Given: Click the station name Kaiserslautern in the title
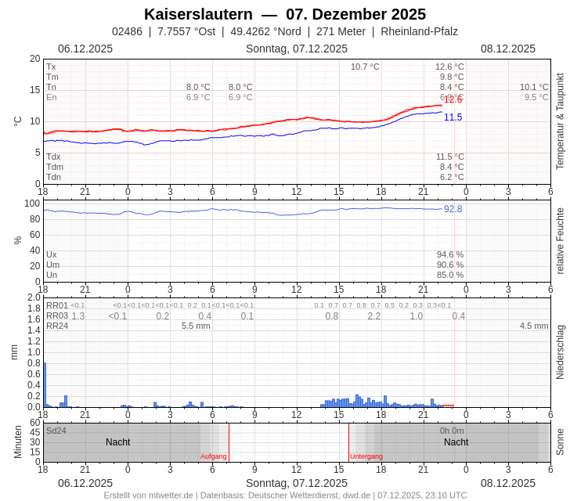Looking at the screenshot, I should [198, 14].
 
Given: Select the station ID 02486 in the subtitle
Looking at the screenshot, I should [127, 31].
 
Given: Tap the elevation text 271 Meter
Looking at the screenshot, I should [341, 31].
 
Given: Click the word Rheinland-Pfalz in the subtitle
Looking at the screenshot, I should [419, 31].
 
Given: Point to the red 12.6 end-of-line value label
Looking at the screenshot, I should [453, 99].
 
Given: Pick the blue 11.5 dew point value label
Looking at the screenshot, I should [453, 117].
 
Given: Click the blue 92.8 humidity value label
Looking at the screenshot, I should [453, 209].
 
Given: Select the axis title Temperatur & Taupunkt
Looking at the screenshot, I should [560, 121].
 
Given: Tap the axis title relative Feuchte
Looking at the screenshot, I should [560, 240].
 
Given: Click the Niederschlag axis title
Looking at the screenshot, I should [560, 352].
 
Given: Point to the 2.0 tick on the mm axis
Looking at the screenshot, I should [34, 297].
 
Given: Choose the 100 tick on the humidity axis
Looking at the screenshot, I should [32, 204].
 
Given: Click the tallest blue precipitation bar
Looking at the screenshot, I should [45, 384].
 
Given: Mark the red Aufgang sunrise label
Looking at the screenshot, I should [213, 456].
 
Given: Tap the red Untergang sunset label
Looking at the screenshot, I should [366, 456].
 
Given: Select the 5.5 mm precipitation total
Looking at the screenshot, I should [196, 326].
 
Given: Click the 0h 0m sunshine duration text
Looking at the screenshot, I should [452, 431].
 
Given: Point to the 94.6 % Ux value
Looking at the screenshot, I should [449, 254].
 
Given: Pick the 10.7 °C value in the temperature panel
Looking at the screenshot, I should [365, 67].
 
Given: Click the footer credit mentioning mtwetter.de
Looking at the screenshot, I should [285, 495].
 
